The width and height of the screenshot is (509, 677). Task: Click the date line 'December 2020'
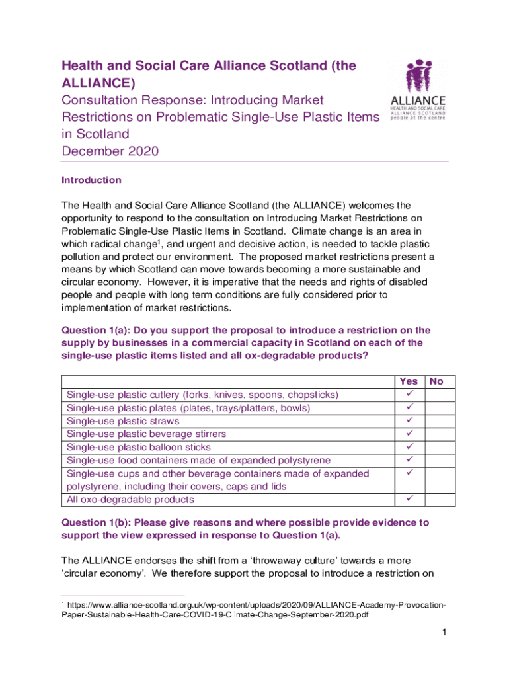110,151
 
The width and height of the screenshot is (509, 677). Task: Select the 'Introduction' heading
91,180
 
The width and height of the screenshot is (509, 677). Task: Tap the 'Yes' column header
409,381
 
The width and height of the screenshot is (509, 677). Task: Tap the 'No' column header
437,381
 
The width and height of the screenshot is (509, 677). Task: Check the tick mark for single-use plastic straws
409,420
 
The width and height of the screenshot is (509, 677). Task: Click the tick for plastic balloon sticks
409,447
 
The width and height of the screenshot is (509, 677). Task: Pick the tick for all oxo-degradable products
409,499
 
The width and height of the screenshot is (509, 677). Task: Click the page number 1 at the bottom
446,633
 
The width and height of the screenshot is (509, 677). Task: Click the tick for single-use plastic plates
409,408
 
